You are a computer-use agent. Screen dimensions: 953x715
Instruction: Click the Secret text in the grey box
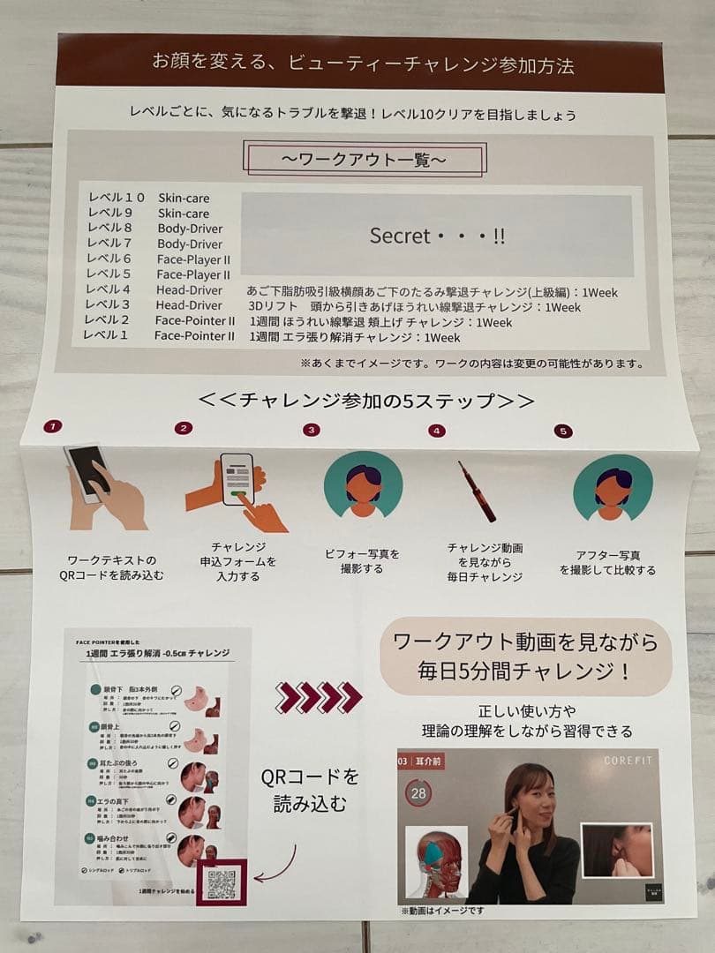point(437,236)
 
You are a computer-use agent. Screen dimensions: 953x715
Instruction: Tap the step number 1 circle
point(53,426)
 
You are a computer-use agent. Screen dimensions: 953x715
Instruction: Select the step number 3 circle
point(311,430)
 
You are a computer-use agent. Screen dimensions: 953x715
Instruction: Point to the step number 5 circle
point(563,431)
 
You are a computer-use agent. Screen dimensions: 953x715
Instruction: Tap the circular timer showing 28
point(419,793)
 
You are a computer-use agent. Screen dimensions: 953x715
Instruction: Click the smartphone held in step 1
point(87,473)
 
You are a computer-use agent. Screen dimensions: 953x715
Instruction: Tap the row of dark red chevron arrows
point(318,697)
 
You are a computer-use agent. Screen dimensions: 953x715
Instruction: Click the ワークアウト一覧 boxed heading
point(365,161)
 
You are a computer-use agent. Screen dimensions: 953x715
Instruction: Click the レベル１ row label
point(106,335)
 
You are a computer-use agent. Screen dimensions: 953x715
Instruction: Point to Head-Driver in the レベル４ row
point(189,289)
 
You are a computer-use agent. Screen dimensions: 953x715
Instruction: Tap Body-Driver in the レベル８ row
point(190,228)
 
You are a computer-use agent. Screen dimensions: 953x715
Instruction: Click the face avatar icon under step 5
point(613,487)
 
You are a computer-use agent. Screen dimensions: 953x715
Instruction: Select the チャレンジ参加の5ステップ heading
point(366,400)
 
